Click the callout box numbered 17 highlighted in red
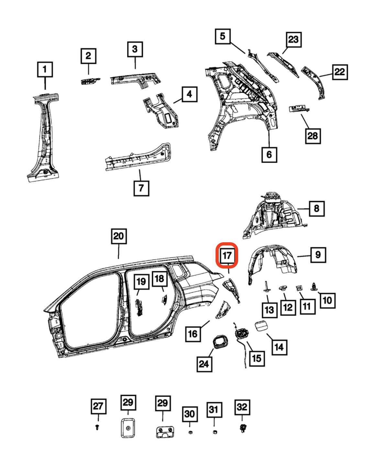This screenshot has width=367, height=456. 227,256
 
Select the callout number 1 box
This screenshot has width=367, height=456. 45,69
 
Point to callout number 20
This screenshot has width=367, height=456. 118,236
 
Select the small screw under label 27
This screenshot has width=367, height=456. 97,427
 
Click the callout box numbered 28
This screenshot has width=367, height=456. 313,136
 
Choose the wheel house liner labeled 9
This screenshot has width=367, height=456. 272,261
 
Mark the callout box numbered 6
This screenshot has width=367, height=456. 269,154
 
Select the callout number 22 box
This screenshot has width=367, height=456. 339,72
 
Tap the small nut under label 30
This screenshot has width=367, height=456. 190,432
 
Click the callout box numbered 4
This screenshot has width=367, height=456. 189,94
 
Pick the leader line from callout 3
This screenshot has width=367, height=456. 135,63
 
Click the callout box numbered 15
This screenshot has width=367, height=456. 256,359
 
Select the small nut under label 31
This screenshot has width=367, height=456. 214,432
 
